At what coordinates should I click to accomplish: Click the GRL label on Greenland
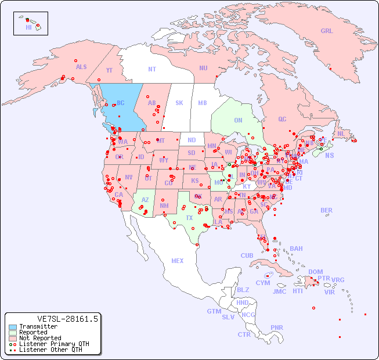point(327,31)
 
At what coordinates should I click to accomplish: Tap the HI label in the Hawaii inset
point(28,27)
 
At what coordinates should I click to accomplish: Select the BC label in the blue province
point(121,103)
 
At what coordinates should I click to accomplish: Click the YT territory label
point(109,70)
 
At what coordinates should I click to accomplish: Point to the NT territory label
point(151,69)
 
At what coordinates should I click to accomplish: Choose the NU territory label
point(203,68)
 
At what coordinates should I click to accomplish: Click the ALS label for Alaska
point(81,67)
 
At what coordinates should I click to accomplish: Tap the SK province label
point(179,103)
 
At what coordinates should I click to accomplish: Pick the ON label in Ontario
point(238,121)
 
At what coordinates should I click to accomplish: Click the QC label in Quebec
point(282,119)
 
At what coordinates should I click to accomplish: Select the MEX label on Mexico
point(178,261)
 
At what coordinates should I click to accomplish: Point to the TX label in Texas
point(189,218)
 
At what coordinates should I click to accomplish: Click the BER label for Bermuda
point(327,210)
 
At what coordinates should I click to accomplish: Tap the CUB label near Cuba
point(247,255)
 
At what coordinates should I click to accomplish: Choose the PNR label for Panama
point(277,327)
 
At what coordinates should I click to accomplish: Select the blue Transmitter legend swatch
point(12,327)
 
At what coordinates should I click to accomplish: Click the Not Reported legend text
point(40,338)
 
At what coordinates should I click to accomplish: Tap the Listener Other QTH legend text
point(50,350)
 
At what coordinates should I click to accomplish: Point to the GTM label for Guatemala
point(214,311)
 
